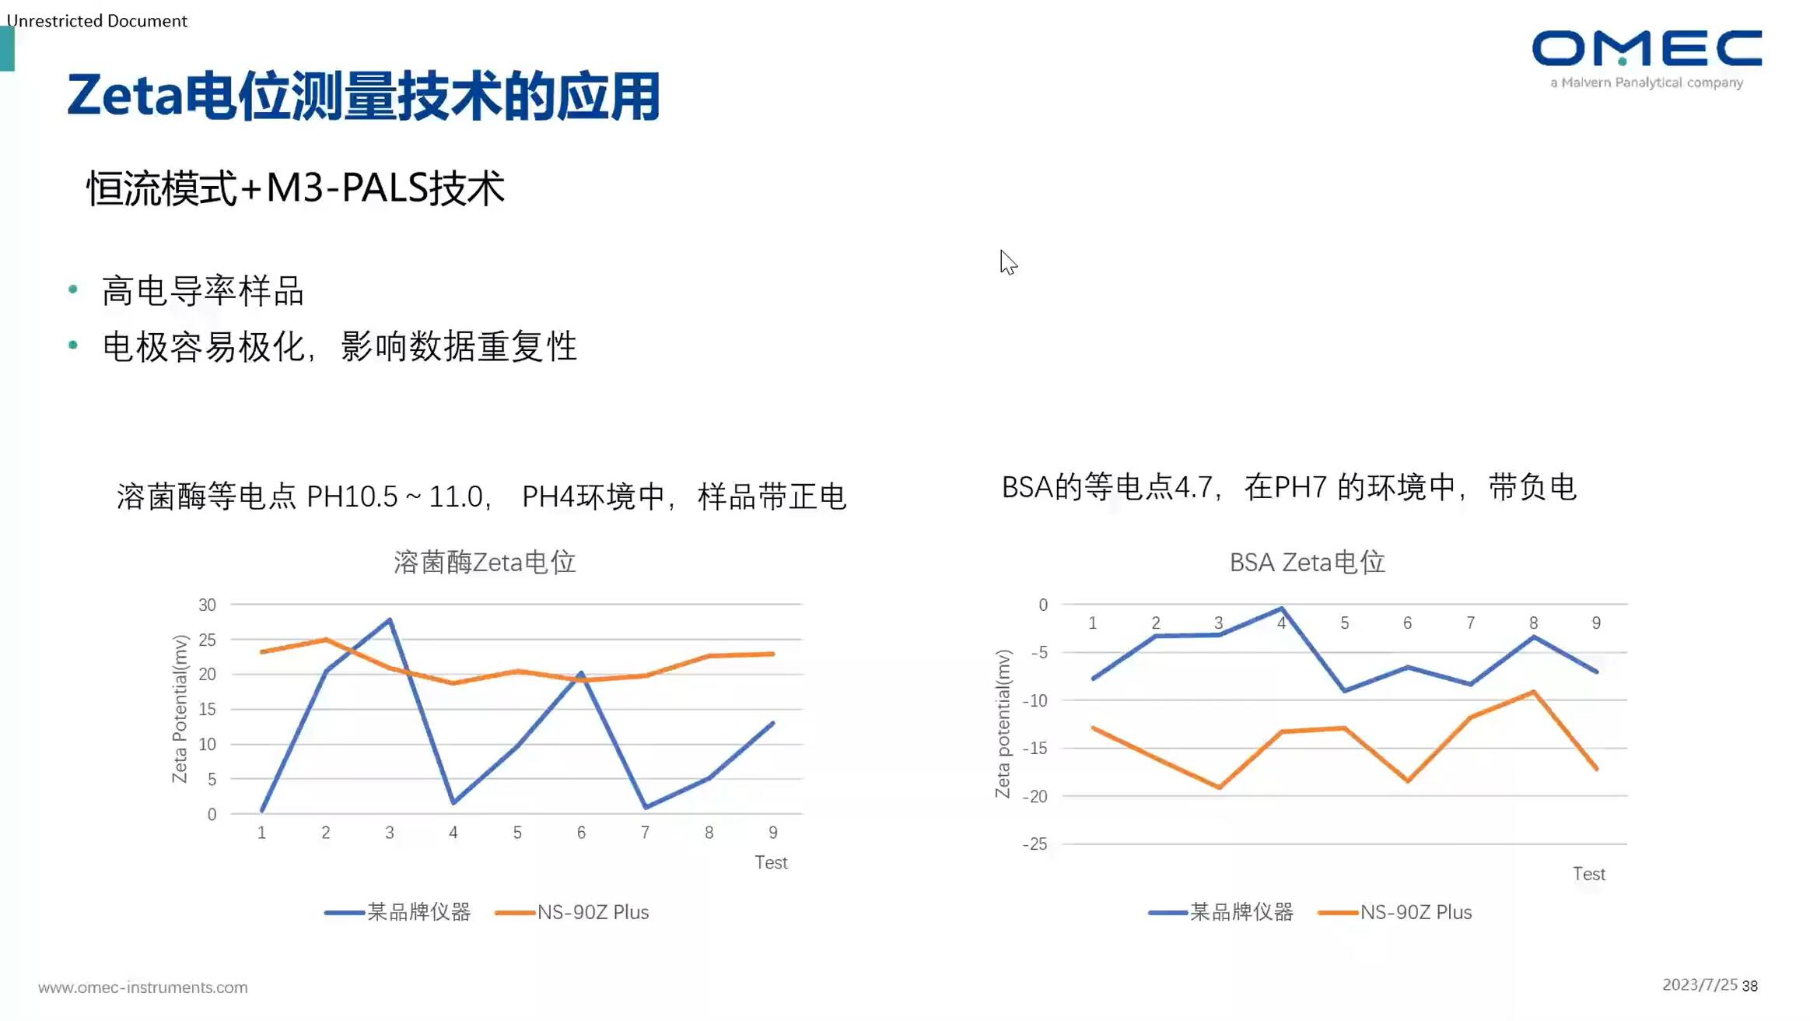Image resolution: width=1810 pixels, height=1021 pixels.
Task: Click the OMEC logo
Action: tap(1646, 50)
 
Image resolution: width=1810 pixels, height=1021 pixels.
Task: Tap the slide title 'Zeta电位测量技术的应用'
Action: tap(363, 96)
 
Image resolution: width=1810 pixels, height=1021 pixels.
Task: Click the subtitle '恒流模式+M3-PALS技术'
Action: tap(295, 188)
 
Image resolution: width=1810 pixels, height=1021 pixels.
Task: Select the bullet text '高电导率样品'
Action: tap(202, 291)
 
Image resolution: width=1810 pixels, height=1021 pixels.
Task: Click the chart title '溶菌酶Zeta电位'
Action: tap(484, 562)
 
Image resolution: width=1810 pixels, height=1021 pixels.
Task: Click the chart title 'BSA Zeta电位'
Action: tap(1307, 562)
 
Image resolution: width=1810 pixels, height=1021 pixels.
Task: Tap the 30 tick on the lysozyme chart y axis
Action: tap(207, 605)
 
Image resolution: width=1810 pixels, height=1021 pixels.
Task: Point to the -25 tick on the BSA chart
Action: tap(1035, 844)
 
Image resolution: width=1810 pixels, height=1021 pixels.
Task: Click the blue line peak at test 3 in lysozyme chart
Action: tap(390, 620)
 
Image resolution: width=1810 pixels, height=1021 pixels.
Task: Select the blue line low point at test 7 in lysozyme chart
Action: tap(646, 807)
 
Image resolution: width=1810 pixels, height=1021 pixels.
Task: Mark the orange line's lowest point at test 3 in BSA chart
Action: tap(1219, 787)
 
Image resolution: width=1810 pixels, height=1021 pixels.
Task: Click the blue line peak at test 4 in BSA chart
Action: tap(1281, 609)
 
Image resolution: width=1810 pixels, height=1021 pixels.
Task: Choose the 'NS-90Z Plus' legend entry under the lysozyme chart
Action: tap(592, 912)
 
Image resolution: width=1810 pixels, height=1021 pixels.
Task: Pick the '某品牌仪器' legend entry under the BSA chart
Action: tap(1241, 912)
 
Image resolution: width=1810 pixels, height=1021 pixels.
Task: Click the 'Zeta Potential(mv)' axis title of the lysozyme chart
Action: tap(180, 708)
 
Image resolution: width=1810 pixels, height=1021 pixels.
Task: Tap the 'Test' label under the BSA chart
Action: tap(1588, 874)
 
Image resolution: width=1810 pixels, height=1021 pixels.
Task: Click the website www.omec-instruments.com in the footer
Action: tap(143, 988)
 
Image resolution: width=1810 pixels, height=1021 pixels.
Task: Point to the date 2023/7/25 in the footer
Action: tap(1699, 985)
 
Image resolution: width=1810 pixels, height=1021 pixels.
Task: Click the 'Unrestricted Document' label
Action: tap(97, 21)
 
